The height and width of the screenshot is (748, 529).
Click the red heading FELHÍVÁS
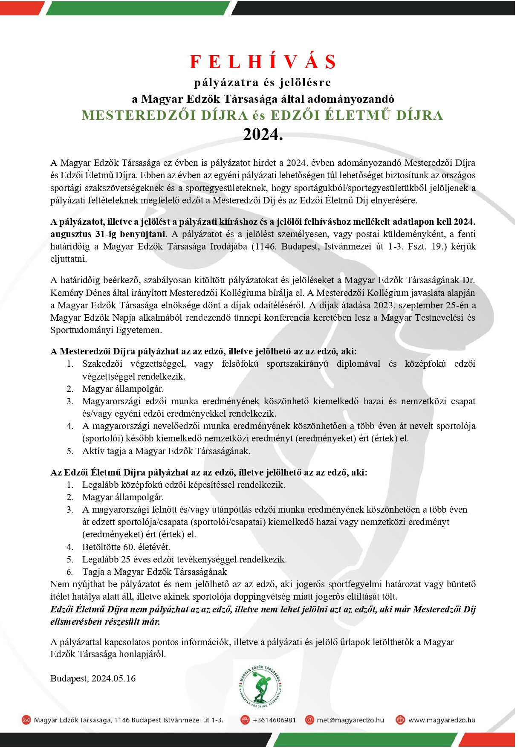(x=263, y=62)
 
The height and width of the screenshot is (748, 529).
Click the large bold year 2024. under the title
(x=263, y=134)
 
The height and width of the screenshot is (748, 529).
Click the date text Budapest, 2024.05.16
(x=93, y=678)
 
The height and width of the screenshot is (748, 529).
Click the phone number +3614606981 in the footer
(x=274, y=720)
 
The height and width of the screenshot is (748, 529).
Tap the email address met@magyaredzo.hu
(x=350, y=720)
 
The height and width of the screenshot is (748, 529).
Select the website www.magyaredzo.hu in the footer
(x=442, y=720)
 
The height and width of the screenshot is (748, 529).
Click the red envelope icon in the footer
(x=26, y=720)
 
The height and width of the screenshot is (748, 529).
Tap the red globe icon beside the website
(x=400, y=720)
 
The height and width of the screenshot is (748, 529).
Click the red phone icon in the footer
(x=245, y=720)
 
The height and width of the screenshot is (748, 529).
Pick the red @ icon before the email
(x=309, y=720)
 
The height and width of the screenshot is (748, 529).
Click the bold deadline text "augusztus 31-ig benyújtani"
(x=108, y=234)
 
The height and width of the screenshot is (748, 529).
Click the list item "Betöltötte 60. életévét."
(x=126, y=547)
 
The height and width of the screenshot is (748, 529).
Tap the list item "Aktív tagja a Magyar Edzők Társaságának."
(x=166, y=451)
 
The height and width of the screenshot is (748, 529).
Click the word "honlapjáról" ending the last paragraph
(x=142, y=654)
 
